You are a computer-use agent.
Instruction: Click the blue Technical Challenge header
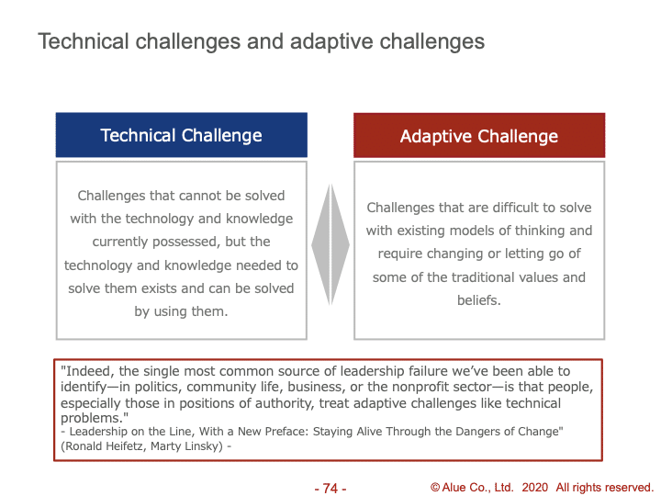coord(181,135)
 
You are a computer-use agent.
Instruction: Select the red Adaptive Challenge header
coord(479,135)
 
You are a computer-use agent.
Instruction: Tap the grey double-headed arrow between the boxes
coord(330,244)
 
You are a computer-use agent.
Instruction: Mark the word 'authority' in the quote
coord(284,403)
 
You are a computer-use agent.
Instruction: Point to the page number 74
coord(330,488)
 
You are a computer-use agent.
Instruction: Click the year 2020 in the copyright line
coord(535,488)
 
